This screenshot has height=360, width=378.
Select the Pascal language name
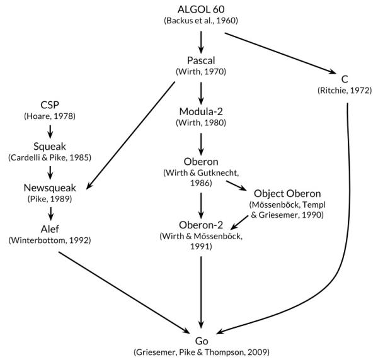[202, 61]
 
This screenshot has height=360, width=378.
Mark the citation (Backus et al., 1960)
[202, 20]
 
